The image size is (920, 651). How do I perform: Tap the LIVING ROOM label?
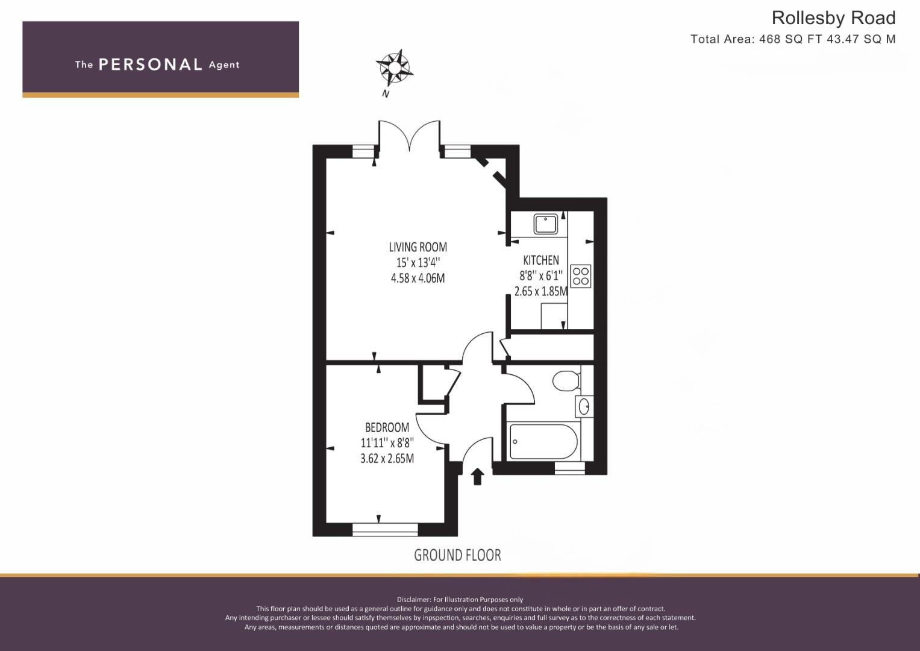(418, 247)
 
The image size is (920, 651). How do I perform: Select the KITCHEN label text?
(541, 260)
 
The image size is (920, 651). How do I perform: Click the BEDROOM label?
(387, 427)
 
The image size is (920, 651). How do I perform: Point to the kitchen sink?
(546, 224)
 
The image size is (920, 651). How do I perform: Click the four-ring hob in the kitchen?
(581, 276)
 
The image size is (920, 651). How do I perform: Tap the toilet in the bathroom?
(566, 380)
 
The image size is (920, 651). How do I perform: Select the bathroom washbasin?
(584, 406)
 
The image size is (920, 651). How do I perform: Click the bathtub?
(543, 441)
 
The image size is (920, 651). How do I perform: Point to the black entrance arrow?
(477, 477)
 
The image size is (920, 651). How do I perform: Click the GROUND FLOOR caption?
(457, 555)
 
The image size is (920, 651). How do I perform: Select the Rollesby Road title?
(833, 18)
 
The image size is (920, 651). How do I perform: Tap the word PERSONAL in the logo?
(151, 64)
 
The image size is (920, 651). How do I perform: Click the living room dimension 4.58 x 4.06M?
(418, 278)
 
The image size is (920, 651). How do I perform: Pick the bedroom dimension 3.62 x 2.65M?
(387, 458)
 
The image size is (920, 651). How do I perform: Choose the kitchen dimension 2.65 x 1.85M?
(541, 291)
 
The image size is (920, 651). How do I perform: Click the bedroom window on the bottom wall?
(385, 529)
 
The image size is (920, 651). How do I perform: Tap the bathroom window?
(569, 468)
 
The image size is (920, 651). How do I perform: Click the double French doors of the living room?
(409, 136)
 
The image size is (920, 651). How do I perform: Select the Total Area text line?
(793, 39)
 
